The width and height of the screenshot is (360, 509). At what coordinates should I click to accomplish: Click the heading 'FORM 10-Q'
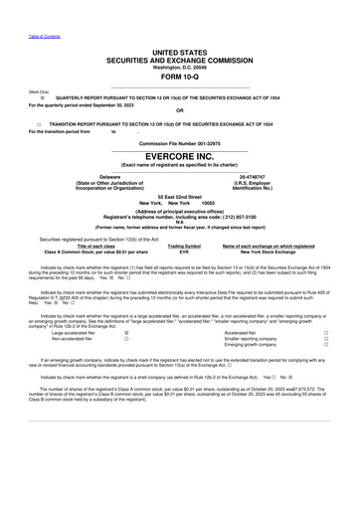click(x=179, y=77)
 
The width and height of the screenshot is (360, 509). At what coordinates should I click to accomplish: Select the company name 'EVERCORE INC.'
click(x=179, y=156)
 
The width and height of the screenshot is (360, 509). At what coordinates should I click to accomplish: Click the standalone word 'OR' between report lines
click(x=179, y=110)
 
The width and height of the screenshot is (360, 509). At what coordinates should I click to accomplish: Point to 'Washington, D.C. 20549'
click(x=179, y=67)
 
